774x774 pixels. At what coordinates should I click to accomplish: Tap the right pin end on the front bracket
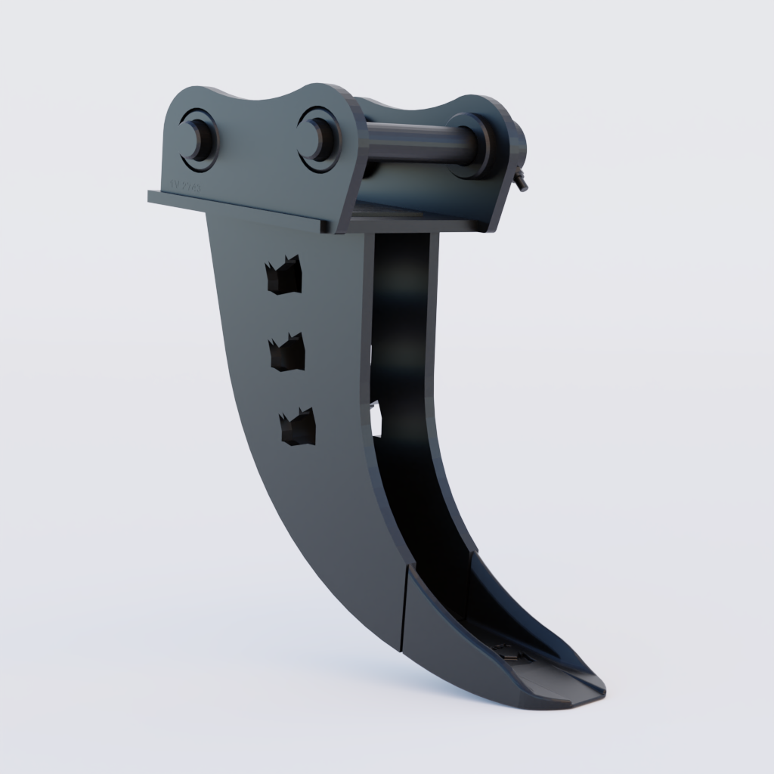[317, 138]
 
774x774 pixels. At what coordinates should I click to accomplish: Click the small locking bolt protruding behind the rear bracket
[522, 182]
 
